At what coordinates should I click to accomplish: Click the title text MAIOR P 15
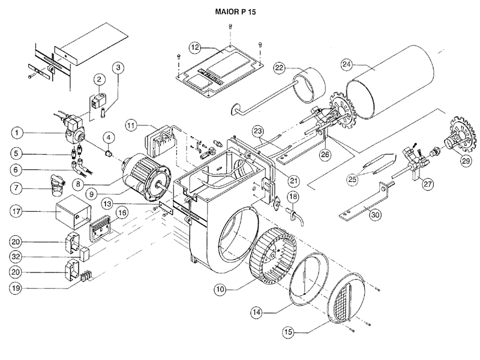coord(235,12)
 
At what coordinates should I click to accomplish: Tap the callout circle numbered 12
coord(195,48)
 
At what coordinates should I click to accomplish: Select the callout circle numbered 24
coord(347,64)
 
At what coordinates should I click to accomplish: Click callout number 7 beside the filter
coord(17,188)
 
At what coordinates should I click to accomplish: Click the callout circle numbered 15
coord(289,332)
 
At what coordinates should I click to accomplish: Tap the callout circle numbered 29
coord(466,161)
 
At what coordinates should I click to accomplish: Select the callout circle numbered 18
coord(293,197)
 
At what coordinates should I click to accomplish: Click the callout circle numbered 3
coord(118,68)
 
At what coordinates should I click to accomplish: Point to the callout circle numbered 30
coord(376,215)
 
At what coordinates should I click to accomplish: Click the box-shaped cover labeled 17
coord(73,212)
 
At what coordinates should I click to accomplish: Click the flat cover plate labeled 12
coord(218,71)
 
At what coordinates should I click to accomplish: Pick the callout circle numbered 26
coord(325,155)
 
